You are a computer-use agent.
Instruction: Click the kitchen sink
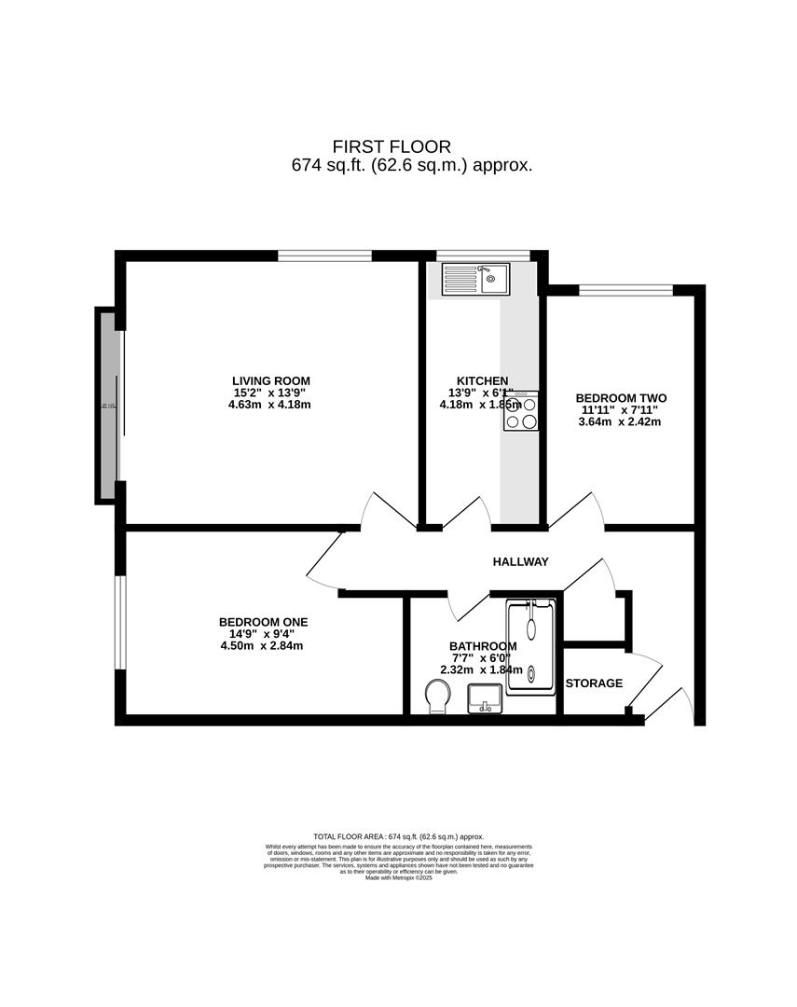pos(475,278)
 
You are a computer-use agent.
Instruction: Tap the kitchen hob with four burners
pos(521,411)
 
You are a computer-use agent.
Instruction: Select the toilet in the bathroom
pos(436,696)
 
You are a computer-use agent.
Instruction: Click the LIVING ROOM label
pos(271,380)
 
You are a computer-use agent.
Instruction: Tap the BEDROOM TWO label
pos(621,398)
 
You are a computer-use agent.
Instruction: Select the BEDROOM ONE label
pos(263,622)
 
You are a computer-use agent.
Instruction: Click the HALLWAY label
pos(520,561)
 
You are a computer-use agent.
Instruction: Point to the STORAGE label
pos(594,683)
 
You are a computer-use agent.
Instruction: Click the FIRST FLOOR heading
pos(392,146)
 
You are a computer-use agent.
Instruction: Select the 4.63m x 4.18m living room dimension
pos(271,405)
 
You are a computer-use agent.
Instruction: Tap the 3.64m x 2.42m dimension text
pos(619,421)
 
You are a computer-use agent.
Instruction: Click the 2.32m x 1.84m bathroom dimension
pos(482,669)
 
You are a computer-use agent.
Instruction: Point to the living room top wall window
pos(324,255)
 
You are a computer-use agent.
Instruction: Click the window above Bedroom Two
pos(625,290)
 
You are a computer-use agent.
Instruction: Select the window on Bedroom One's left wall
pos(119,622)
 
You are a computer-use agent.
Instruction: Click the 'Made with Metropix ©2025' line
pos(399,877)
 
